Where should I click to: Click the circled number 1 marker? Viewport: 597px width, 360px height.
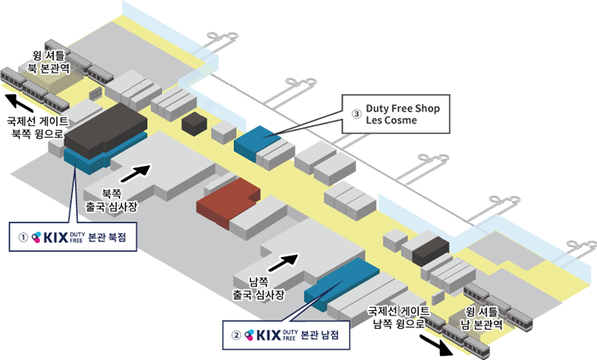click(x=24, y=237)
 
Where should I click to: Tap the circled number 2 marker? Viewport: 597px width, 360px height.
click(x=236, y=335)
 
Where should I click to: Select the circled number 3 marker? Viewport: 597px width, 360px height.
click(x=356, y=115)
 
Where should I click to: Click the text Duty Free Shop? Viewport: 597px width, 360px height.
click(x=403, y=108)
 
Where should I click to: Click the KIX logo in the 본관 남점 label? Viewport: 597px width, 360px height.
click(x=271, y=335)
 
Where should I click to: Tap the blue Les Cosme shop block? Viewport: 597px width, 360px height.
click(x=255, y=136)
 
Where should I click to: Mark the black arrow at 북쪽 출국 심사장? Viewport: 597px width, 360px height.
click(x=136, y=172)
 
